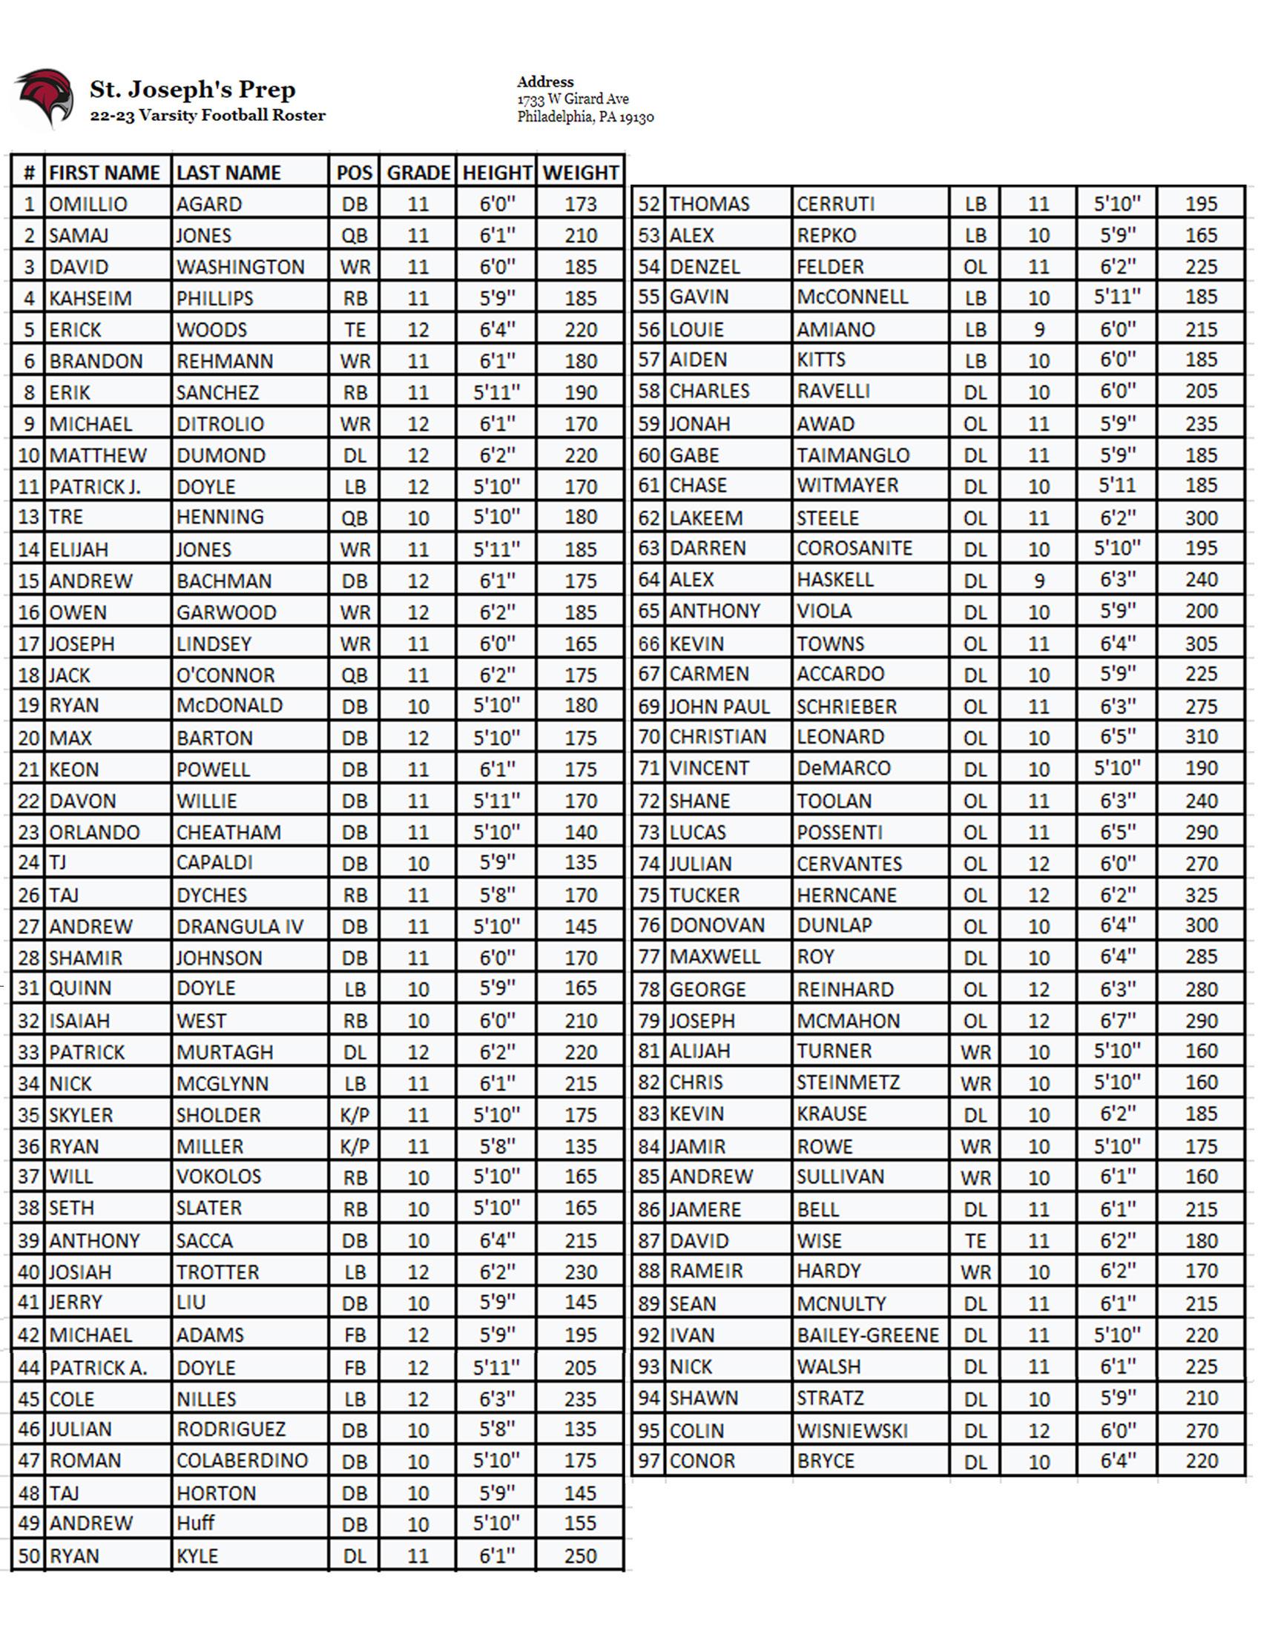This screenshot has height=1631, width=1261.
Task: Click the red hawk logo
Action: click(x=45, y=98)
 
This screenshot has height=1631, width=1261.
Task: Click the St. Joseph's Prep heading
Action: click(x=193, y=90)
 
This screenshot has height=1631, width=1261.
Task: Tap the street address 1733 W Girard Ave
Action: click(x=572, y=99)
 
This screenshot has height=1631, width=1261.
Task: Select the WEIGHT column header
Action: click(x=581, y=173)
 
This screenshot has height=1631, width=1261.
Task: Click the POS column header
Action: click(x=354, y=173)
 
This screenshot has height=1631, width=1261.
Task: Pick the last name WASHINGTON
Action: click(x=240, y=268)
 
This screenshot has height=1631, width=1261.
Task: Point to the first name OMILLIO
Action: click(x=88, y=205)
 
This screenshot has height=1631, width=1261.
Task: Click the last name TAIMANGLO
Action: click(x=852, y=455)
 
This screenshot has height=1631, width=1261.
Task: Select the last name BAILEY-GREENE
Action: click(x=867, y=1335)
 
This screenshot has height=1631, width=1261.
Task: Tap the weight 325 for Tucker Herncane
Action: click(x=1200, y=895)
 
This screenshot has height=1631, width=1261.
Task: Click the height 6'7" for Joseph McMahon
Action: click(x=1117, y=1020)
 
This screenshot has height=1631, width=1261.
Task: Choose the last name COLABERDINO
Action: click(x=241, y=1460)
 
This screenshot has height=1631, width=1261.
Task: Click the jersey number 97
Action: click(x=648, y=1460)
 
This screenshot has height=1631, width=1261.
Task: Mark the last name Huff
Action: click(x=195, y=1524)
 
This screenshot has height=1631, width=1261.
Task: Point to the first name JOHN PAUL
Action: click(x=719, y=707)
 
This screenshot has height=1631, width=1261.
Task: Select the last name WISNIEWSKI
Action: click(x=852, y=1431)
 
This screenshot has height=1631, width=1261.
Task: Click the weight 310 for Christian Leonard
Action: click(x=1200, y=737)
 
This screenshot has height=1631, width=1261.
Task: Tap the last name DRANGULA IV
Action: click(x=240, y=927)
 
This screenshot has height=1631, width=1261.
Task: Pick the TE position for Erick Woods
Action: click(x=354, y=330)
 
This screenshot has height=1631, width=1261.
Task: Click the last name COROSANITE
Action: click(x=854, y=548)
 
